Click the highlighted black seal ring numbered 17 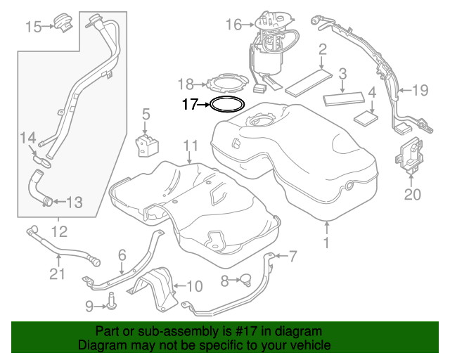(227, 105)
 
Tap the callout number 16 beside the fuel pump (233, 25)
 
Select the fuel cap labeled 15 (65, 22)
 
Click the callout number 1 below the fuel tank (326, 243)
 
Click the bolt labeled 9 (111, 303)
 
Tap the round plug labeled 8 (245, 281)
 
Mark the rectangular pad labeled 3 (342, 96)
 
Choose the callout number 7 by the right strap (292, 255)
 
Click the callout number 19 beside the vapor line (419, 90)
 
